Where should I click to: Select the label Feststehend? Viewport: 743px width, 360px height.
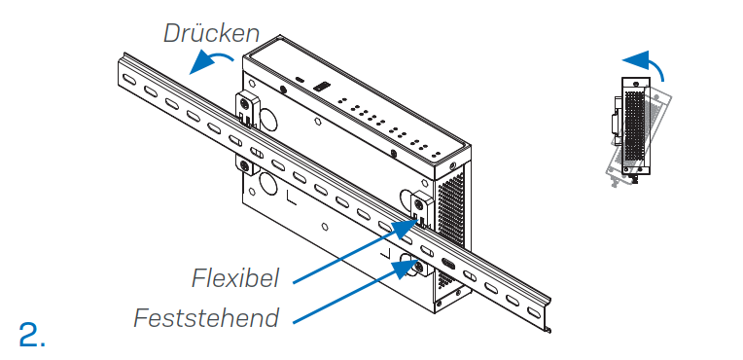click(x=206, y=318)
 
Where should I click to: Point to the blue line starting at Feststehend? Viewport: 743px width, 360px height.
click(x=350, y=293)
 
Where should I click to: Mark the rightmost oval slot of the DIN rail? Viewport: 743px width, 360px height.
click(x=531, y=308)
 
